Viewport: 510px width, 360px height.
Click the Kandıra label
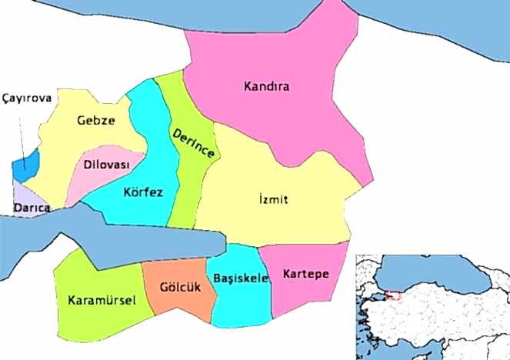(266, 86)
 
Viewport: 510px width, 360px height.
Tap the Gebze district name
(96, 120)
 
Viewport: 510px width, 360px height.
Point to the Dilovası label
(107, 165)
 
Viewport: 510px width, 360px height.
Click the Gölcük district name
(175, 287)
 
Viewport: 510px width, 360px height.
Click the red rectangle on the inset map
(394, 295)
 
